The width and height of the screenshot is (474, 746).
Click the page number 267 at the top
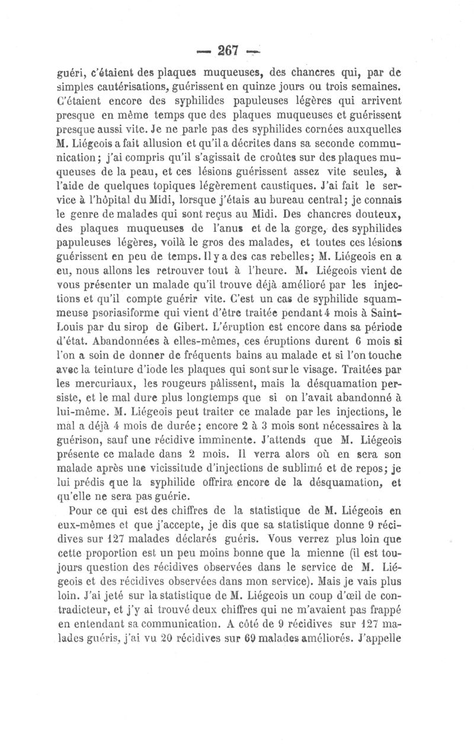tap(228, 52)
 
